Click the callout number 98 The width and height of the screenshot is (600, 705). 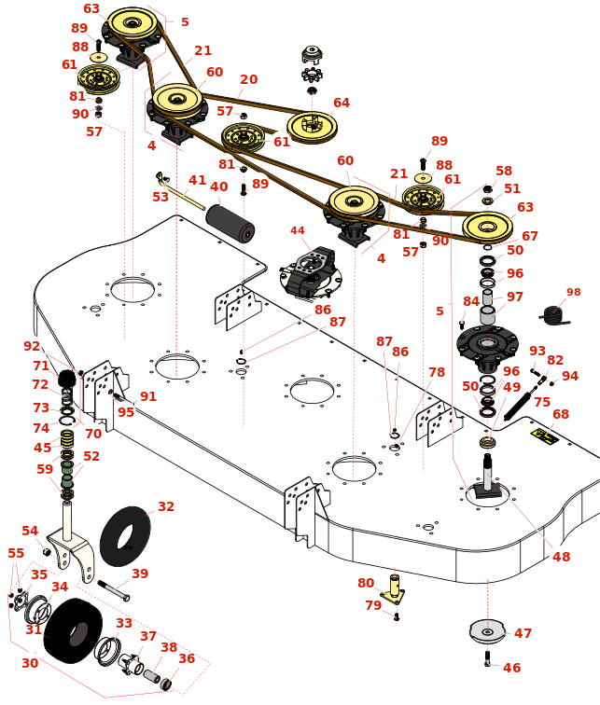(573, 292)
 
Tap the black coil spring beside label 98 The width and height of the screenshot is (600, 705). (554, 316)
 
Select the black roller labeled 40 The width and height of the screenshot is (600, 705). (230, 224)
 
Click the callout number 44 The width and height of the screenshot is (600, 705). (297, 230)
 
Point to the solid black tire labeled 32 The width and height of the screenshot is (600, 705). (124, 535)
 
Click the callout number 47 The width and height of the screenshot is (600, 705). (523, 633)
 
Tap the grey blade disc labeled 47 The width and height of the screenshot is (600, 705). (486, 631)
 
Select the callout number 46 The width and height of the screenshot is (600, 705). (512, 668)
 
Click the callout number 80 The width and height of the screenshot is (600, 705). (365, 584)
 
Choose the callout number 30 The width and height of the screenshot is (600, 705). (30, 663)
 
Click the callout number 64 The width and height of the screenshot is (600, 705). (342, 103)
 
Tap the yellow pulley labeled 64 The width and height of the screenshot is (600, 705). (311, 126)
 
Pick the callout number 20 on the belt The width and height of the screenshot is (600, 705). (248, 80)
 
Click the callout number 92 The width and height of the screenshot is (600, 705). (32, 346)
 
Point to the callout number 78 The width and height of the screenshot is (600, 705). (436, 372)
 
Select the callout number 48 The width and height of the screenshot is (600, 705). (561, 557)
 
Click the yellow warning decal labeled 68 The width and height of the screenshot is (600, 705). (545, 435)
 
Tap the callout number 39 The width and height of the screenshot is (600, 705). (140, 574)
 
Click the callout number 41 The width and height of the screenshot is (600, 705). (197, 180)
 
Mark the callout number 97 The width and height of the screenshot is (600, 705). (515, 297)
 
